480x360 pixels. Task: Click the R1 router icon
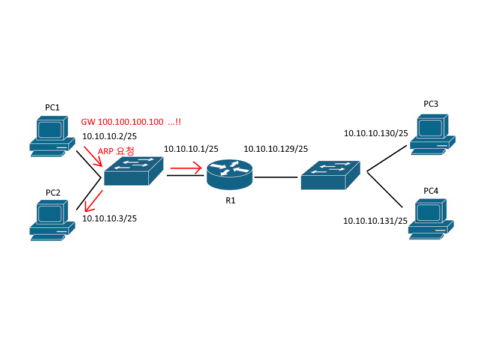tap(230, 173)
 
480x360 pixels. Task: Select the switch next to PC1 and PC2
tap(134, 172)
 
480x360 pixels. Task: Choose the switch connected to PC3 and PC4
tap(331, 175)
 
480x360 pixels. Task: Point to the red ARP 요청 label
tap(116, 150)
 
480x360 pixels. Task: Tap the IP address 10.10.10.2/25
tap(109, 136)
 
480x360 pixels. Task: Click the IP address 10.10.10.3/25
tap(109, 218)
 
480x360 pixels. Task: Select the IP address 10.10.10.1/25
tap(191, 148)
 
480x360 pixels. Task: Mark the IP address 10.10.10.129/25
tap(275, 149)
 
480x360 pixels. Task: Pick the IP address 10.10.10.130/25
tap(376, 133)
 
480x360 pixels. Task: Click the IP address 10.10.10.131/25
tap(376, 221)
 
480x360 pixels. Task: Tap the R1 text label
tap(230, 200)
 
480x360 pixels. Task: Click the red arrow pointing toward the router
tap(187, 170)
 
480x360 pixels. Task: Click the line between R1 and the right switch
tap(275, 178)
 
